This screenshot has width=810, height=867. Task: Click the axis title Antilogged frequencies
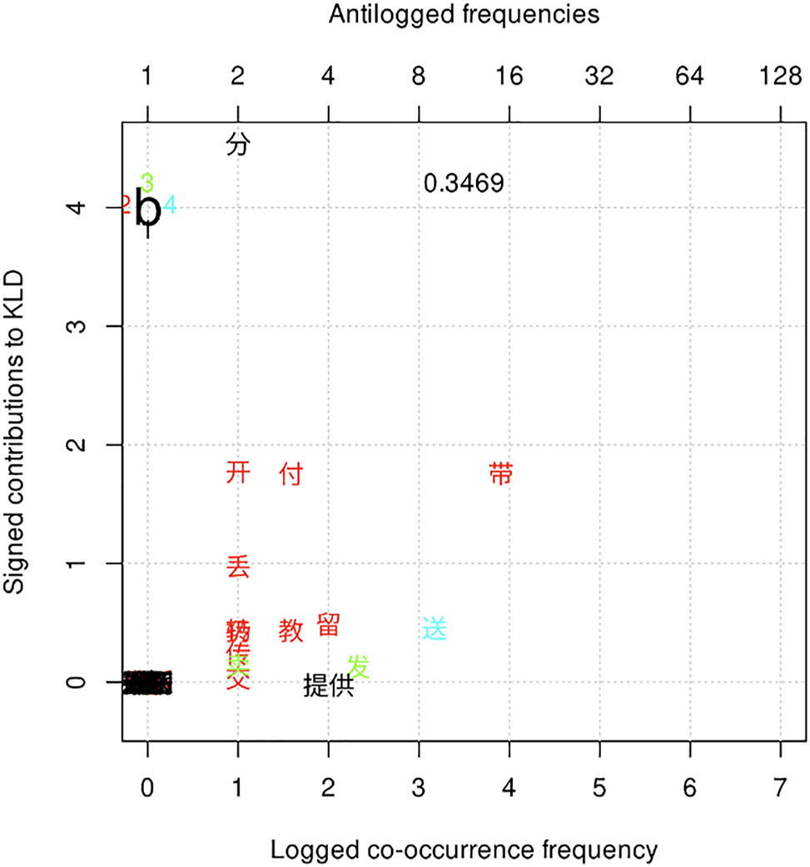point(464,13)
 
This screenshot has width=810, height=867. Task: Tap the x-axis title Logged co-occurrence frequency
point(464,850)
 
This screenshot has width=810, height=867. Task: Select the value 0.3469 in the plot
point(464,183)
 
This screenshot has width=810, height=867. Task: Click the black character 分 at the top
point(238,145)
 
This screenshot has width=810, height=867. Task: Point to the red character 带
point(501,473)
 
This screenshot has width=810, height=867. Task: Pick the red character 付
point(291,474)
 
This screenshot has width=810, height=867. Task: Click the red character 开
point(238,473)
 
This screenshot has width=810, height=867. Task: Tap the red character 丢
point(238,567)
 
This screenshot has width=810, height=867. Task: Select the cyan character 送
point(435,628)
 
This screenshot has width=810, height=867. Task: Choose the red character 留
point(328,625)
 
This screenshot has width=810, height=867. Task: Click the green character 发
point(359,666)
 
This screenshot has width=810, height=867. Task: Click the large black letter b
point(148,210)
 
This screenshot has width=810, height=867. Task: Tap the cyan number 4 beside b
point(170,205)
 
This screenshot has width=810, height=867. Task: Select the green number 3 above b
point(147,182)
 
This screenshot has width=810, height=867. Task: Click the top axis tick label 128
point(780,77)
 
